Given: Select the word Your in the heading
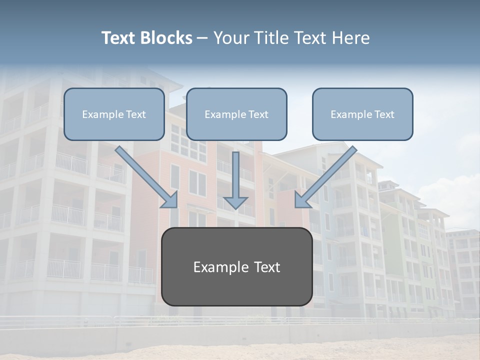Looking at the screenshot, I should (231, 38).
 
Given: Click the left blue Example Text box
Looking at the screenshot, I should (114, 114).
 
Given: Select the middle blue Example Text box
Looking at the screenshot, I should (236, 114).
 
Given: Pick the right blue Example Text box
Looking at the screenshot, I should (362, 114).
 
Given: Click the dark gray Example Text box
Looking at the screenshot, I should (236, 267).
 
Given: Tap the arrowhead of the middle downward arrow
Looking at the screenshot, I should (235, 202).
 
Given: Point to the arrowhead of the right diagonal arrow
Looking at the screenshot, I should (301, 200).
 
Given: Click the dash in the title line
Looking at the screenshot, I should (202, 38).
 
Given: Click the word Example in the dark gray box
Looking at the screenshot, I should (218, 267).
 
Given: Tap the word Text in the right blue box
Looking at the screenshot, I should (384, 114).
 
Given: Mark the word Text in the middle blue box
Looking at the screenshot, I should (258, 114).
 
